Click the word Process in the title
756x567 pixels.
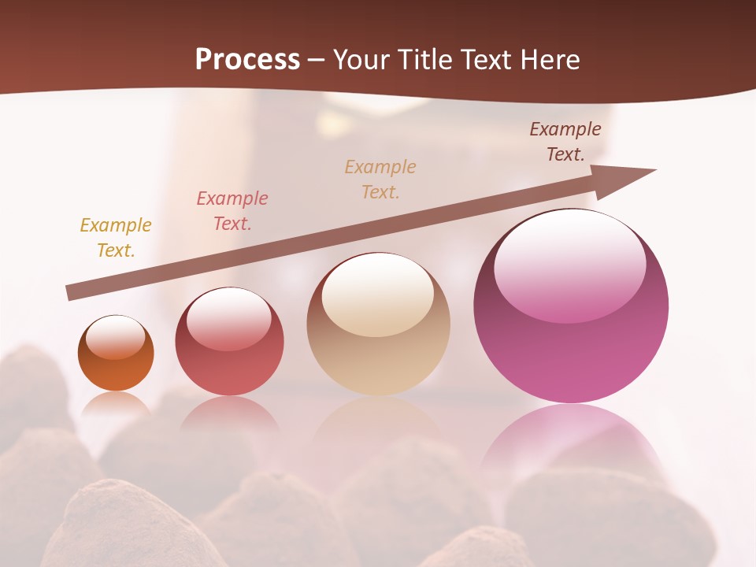point(247,60)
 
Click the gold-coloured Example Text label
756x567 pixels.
point(116,237)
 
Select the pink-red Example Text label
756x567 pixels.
point(232,210)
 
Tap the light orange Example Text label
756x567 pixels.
point(380,179)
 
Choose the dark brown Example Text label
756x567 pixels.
point(565,142)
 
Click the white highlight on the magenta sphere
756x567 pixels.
point(569,264)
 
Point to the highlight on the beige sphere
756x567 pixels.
point(378,293)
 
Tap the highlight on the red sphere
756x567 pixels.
point(229,318)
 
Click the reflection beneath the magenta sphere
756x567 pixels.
point(571,441)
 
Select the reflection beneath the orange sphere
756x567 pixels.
point(116,405)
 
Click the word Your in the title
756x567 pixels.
point(364,60)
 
